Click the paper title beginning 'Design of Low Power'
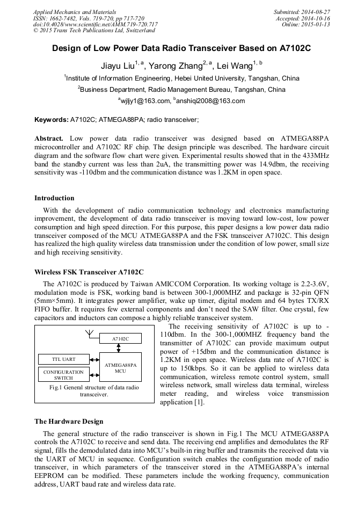[x=181, y=48]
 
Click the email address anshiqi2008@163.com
[x=210, y=101]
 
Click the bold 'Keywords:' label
[x=51, y=119]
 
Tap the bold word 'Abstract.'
[x=49, y=138]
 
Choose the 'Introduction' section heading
[x=54, y=198]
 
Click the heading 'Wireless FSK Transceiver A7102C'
[x=89, y=272]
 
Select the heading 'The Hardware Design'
[x=69, y=422]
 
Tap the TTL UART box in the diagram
[x=63, y=359]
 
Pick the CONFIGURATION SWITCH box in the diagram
[x=63, y=374]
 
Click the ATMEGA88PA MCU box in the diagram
[x=120, y=367]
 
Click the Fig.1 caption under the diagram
[x=94, y=390]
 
